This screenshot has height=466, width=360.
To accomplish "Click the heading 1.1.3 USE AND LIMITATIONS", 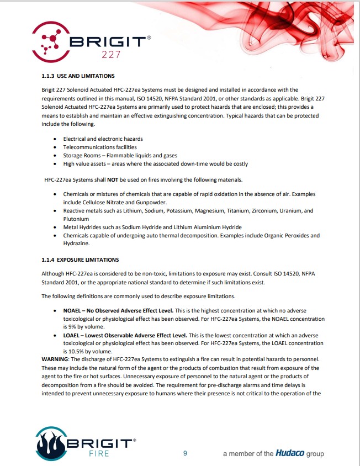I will click(78, 76).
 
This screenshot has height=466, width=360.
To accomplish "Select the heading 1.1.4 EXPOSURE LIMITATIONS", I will click(80, 260).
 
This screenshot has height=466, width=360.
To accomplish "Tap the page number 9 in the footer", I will click(186, 453).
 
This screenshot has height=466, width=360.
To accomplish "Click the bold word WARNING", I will click(55, 359).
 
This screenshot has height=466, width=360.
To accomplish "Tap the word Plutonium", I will click(76, 219).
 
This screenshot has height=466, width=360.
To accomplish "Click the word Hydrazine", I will click(77, 243).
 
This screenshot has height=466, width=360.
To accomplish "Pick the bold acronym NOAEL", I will click(75, 311).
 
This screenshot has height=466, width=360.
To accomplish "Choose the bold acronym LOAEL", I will click(74, 335).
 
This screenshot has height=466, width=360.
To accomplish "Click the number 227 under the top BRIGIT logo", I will click(111, 55).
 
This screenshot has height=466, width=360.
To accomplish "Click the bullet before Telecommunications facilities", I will click(55, 147).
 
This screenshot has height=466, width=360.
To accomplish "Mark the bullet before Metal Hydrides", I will click(55, 227).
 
